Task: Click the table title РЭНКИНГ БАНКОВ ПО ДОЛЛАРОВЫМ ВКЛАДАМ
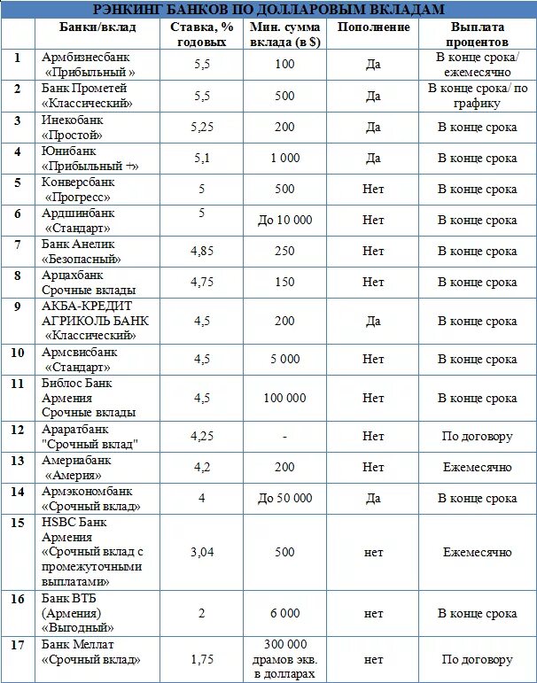click(x=268, y=10)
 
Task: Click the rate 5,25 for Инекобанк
click(x=202, y=127)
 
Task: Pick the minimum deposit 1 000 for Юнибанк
click(x=284, y=159)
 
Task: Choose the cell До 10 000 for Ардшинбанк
click(x=284, y=220)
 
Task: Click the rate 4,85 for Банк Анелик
click(x=202, y=251)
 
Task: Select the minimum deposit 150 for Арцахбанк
click(x=284, y=282)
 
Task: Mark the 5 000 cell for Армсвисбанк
click(x=284, y=359)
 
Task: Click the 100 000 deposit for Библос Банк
click(x=284, y=398)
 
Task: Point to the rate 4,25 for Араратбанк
click(x=202, y=436)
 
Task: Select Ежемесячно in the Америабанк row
click(x=478, y=467)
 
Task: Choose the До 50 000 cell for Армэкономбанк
click(x=284, y=498)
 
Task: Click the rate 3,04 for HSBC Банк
click(x=202, y=552)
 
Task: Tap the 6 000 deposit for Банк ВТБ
click(x=284, y=613)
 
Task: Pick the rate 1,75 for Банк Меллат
click(x=202, y=659)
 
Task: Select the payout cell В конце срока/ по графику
click(x=478, y=95)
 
